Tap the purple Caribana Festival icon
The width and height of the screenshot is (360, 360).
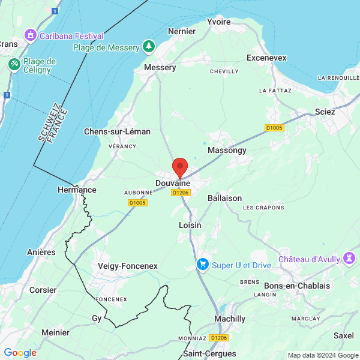[x=29, y=36]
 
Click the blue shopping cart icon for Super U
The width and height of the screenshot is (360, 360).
[x=203, y=264]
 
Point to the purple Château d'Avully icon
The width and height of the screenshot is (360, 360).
[x=349, y=259]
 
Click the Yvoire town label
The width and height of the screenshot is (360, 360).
[x=218, y=22]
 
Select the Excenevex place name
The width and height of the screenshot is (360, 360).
[x=266, y=58]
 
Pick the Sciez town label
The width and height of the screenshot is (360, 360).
[x=325, y=112]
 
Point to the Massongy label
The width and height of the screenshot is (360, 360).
[x=227, y=151]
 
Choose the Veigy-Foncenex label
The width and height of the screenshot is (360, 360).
[x=127, y=266]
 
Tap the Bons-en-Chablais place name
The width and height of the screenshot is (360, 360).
[x=297, y=286]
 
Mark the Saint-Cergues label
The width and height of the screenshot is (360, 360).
[x=209, y=353]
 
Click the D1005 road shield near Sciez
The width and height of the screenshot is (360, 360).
[x=274, y=128]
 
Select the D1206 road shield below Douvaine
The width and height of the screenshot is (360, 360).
[x=181, y=193]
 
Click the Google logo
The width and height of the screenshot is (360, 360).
[x=20, y=353]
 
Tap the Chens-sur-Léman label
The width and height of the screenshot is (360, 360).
[x=117, y=131]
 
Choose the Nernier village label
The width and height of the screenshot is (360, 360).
[x=182, y=31]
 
